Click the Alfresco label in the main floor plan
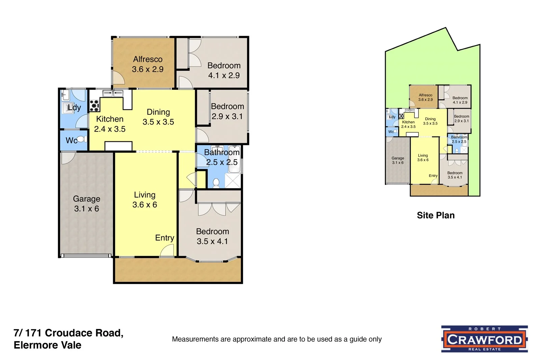(x=147, y=59)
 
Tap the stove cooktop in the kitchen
(x=94, y=106)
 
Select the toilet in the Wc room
(x=81, y=139)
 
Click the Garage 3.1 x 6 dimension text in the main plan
(x=86, y=209)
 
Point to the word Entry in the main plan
(x=164, y=238)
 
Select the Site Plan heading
(x=435, y=215)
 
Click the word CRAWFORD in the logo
(x=484, y=339)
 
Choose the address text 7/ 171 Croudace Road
(x=69, y=333)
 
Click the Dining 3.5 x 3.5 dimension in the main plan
(x=158, y=122)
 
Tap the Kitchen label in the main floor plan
(x=110, y=119)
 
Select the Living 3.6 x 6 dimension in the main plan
(x=144, y=205)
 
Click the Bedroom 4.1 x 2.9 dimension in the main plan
(x=224, y=75)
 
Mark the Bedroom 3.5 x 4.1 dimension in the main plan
(x=212, y=241)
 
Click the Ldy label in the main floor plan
(x=74, y=108)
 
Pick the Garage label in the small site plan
(x=398, y=158)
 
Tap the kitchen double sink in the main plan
(x=113, y=93)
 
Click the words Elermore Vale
(x=48, y=345)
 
